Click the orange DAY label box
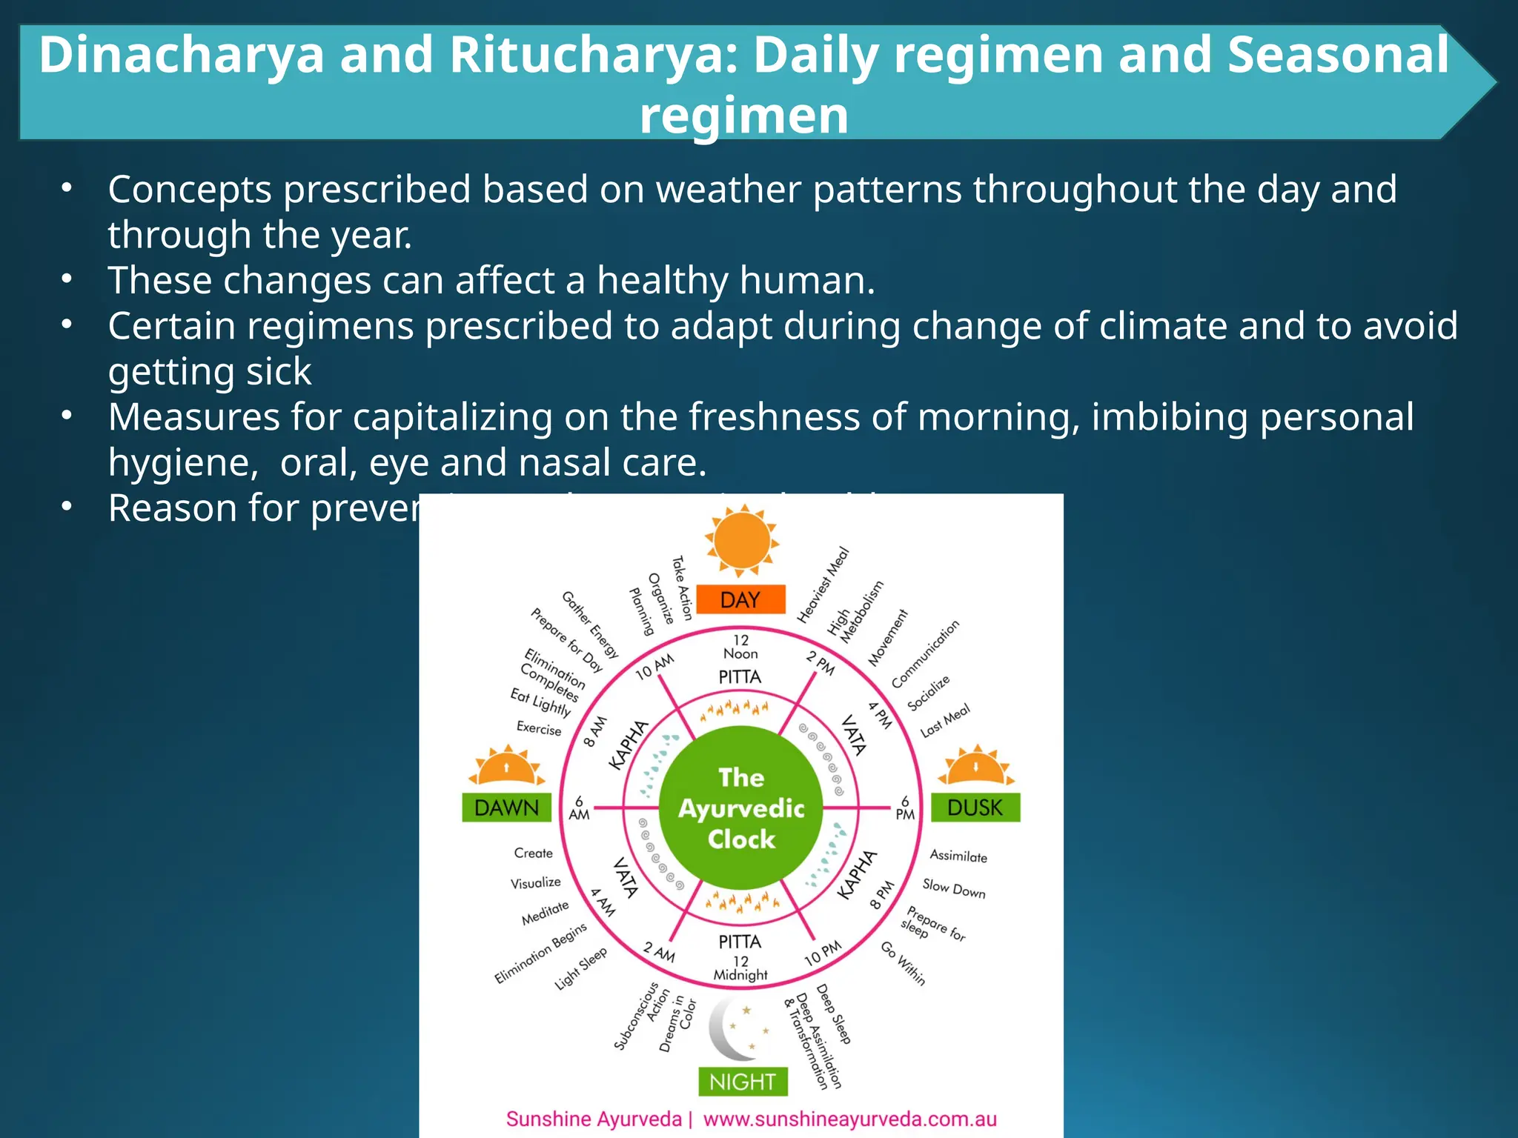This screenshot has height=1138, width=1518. point(740,599)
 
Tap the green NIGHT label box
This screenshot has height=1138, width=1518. point(743,1082)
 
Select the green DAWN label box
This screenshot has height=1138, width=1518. point(506,807)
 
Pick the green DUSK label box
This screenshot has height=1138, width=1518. point(975,807)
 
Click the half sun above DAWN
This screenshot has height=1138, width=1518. point(507,766)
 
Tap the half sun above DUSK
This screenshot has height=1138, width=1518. point(975,766)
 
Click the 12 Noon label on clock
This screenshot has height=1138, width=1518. point(740,646)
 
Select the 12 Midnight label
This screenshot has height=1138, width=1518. point(740,968)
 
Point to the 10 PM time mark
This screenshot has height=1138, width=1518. point(823,953)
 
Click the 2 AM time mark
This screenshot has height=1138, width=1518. point(659,952)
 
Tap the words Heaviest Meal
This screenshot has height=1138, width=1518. point(823,585)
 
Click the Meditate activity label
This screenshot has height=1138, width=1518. point(545,913)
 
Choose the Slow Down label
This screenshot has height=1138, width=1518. point(954,888)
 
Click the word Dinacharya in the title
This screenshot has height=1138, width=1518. point(182,55)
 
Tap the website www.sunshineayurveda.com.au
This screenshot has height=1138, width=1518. point(849,1119)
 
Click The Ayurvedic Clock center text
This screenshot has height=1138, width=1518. point(741,808)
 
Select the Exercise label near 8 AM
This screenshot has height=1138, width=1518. point(539,728)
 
